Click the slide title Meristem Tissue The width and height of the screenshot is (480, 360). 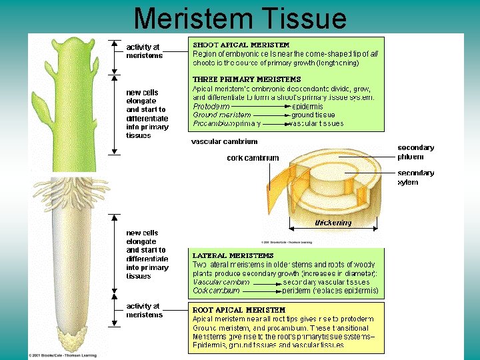tap(240, 18)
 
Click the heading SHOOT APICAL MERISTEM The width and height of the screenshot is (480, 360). tap(232, 45)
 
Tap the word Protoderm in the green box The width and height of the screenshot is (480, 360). tap(211, 106)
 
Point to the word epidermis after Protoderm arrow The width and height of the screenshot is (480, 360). tap(308, 106)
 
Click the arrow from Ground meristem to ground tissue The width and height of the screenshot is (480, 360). tap(271, 115)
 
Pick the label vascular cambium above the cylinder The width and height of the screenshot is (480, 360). tap(224, 141)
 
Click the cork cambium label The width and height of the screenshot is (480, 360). tap(253, 158)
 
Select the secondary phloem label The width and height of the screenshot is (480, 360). tap(415, 152)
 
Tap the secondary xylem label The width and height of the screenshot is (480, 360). tap(415, 177)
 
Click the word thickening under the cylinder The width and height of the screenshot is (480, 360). tap(333, 223)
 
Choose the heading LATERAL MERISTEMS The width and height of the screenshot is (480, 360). tap(233, 255)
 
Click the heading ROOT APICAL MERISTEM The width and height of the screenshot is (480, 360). tap(239, 310)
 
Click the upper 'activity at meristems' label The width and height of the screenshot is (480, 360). tap(144, 51)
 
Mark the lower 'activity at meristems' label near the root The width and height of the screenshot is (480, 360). tap(144, 311)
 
